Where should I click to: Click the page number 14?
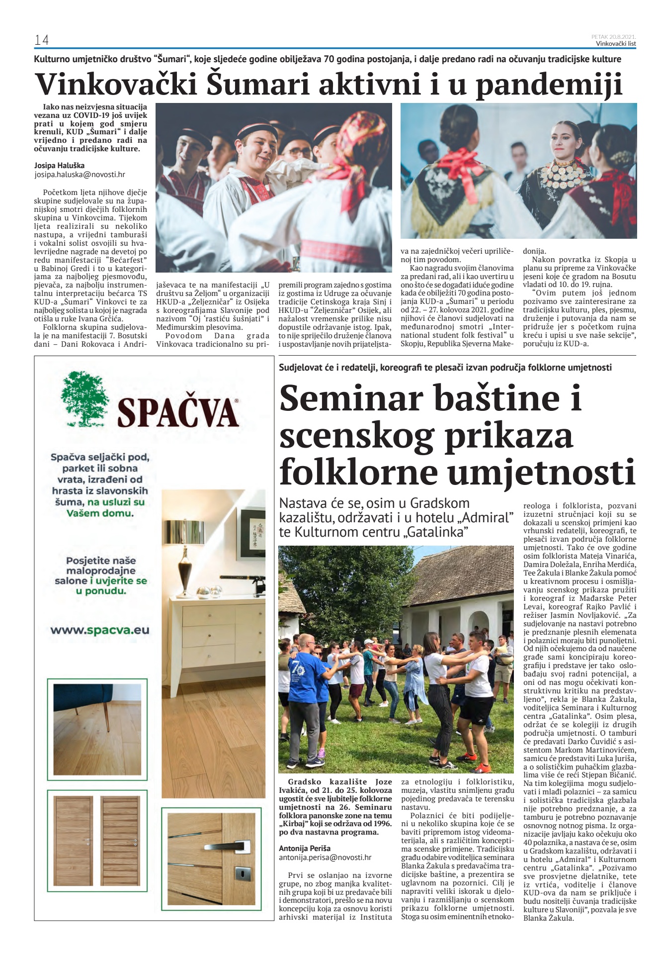(41, 40)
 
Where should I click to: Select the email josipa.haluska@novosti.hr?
(80, 175)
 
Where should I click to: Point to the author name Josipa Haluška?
(59, 165)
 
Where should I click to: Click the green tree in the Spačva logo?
(84, 399)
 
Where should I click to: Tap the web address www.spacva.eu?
(99, 630)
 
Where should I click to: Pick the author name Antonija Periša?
(305, 848)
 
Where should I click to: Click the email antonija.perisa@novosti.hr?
(325, 857)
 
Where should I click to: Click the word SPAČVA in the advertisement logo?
(178, 413)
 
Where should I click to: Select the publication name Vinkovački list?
(616, 44)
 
